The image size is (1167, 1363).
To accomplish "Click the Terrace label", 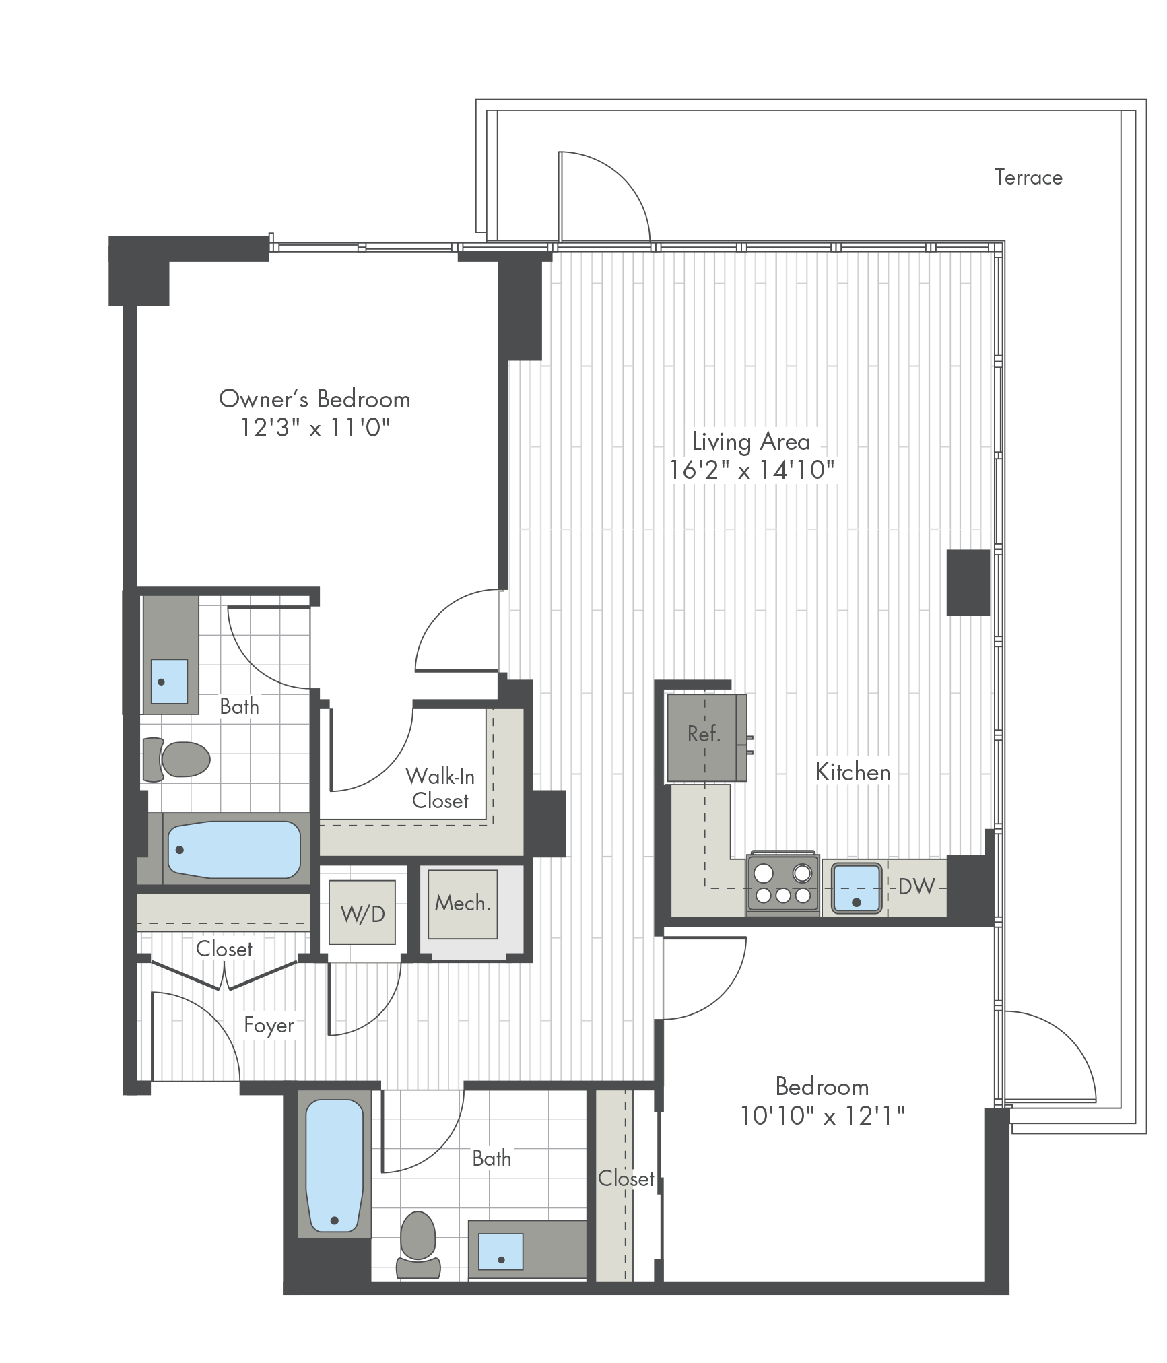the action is pyautogui.click(x=1028, y=178).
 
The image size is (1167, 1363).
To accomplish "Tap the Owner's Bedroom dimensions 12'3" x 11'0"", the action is pyautogui.click(x=315, y=428).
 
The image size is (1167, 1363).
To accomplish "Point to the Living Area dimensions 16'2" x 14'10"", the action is pyautogui.click(x=752, y=470).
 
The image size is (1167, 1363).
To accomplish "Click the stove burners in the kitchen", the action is pyautogui.click(x=782, y=885).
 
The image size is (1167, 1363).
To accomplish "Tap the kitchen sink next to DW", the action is pyautogui.click(x=856, y=888).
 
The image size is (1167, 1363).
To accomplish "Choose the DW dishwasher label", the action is pyautogui.click(x=916, y=886).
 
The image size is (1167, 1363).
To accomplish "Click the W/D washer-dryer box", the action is pyautogui.click(x=362, y=912).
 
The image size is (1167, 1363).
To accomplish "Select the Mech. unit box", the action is pyautogui.click(x=463, y=904).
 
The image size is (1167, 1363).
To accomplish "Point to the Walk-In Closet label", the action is pyautogui.click(x=440, y=789).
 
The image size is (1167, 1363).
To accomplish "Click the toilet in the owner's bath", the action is pyautogui.click(x=176, y=759).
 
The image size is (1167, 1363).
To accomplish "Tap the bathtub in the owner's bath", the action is pyautogui.click(x=234, y=850).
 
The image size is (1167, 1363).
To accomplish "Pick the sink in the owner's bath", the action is pyautogui.click(x=169, y=681).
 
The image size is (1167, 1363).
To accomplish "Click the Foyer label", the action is pyautogui.click(x=269, y=1026).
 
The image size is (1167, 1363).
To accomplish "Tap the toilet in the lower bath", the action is pyautogui.click(x=418, y=1245).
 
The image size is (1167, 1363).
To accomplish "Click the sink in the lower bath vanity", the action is pyautogui.click(x=501, y=1252).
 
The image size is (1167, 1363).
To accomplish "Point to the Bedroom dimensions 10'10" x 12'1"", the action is pyautogui.click(x=822, y=1117).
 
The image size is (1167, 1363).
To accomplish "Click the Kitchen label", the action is pyautogui.click(x=853, y=772).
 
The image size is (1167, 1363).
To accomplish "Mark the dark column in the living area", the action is pyautogui.click(x=968, y=583).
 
